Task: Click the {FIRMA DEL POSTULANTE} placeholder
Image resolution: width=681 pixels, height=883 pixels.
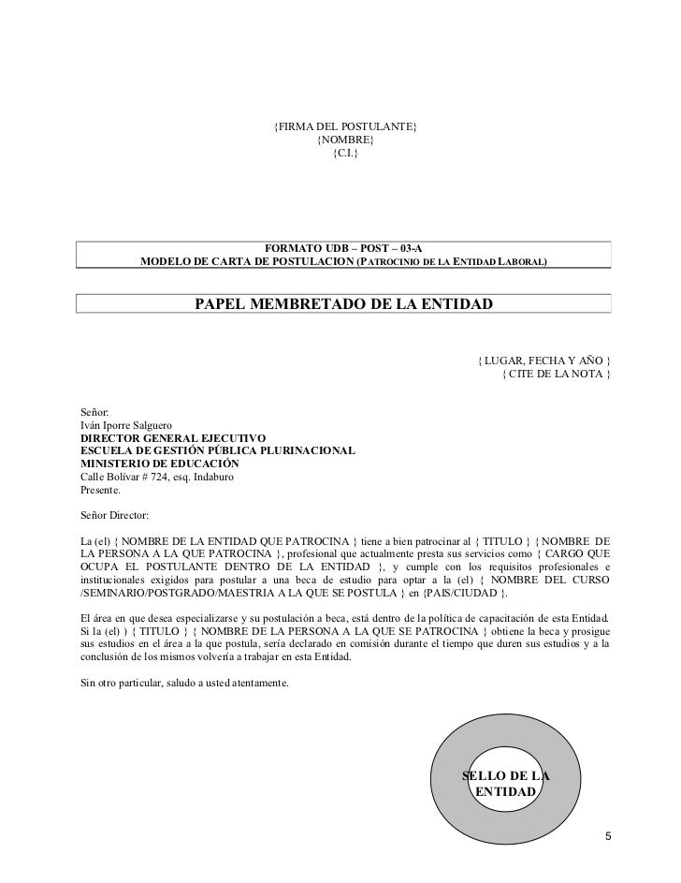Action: (344, 126)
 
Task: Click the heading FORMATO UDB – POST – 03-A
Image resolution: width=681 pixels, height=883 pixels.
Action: (343, 246)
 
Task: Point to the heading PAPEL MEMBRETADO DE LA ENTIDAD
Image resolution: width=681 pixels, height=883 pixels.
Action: (343, 304)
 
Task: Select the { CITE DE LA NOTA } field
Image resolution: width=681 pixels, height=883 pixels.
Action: (556, 375)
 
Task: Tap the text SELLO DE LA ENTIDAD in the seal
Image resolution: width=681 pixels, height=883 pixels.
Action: (506, 784)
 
